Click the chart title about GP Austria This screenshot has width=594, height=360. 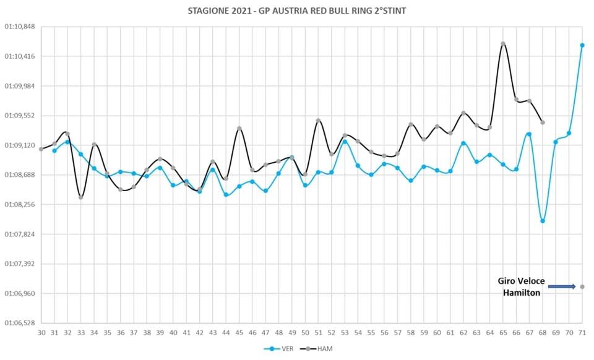click(x=296, y=11)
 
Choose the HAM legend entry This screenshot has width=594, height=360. click(x=317, y=349)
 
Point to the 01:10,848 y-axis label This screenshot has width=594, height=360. click(x=19, y=27)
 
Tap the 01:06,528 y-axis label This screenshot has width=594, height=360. click(x=19, y=323)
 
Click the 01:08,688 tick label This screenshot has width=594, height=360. click(x=19, y=175)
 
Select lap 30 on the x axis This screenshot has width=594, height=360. click(x=41, y=333)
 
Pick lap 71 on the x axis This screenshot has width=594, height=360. click(x=582, y=333)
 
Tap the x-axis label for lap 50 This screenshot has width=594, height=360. click(x=305, y=333)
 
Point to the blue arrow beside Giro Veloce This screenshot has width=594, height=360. click(x=562, y=286)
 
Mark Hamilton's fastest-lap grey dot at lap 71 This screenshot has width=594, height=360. click(x=582, y=286)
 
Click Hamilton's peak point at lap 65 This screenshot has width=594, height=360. click(x=503, y=43)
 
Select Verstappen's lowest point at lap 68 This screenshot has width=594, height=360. click(x=543, y=221)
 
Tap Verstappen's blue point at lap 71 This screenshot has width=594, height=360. click(x=582, y=45)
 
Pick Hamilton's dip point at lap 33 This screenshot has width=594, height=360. click(x=80, y=197)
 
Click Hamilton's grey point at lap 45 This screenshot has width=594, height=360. click(x=239, y=128)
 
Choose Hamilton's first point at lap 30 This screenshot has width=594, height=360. click(x=41, y=149)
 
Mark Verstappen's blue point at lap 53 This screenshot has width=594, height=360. click(x=345, y=142)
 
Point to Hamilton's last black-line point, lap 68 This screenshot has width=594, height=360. click(x=543, y=122)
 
